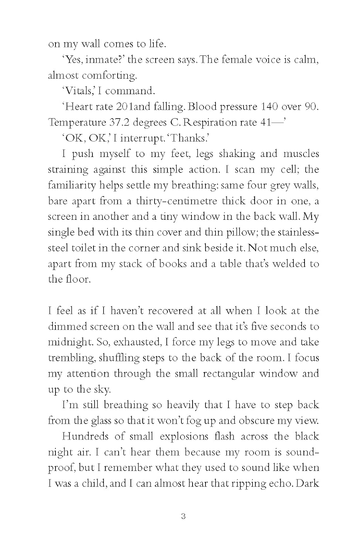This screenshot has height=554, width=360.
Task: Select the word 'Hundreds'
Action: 85,437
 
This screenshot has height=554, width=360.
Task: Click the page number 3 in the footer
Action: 183,516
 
